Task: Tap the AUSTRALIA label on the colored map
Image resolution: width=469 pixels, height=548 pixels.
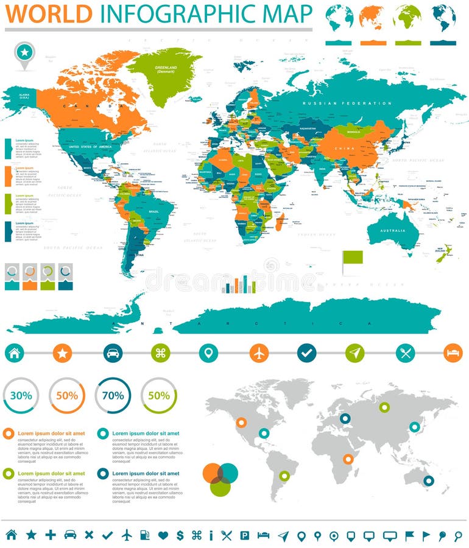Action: (x=393, y=230)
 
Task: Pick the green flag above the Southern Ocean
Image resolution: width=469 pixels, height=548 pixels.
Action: (x=352, y=259)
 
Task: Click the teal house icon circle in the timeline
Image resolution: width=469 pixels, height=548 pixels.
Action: (x=15, y=353)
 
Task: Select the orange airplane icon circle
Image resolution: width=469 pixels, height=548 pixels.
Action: (x=259, y=353)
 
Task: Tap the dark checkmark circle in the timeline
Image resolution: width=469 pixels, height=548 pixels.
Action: (x=306, y=353)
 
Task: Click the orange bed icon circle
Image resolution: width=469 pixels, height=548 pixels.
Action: (x=453, y=353)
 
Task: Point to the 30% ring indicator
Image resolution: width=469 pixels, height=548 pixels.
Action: (x=21, y=395)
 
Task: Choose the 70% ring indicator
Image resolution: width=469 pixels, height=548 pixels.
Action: (x=113, y=395)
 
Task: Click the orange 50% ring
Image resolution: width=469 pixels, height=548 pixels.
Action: (x=67, y=395)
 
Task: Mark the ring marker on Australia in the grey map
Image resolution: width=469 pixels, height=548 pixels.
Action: (x=428, y=480)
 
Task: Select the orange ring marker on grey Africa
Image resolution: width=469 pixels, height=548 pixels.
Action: (x=348, y=459)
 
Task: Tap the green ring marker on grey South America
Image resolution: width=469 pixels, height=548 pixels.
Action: (x=284, y=476)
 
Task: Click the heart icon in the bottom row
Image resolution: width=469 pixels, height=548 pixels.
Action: (x=163, y=535)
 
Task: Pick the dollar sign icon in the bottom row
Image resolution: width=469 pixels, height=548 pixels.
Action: (x=180, y=535)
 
